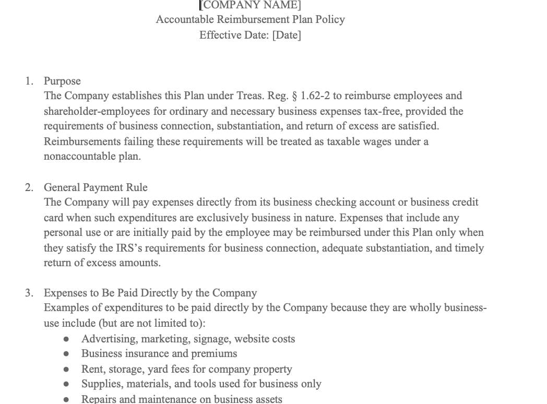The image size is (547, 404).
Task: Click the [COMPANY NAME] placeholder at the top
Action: point(251,5)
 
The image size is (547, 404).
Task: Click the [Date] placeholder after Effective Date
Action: point(287,35)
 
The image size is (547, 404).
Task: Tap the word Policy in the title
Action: point(330,19)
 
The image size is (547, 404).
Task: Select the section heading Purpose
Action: point(62,81)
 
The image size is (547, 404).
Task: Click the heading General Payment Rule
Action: point(96,187)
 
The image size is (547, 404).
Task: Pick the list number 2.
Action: point(29,187)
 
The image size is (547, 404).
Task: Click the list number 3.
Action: point(29,293)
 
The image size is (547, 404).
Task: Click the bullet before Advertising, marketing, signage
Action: point(66,339)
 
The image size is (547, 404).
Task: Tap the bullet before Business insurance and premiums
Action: point(66,354)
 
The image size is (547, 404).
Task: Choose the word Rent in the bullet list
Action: point(92,369)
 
